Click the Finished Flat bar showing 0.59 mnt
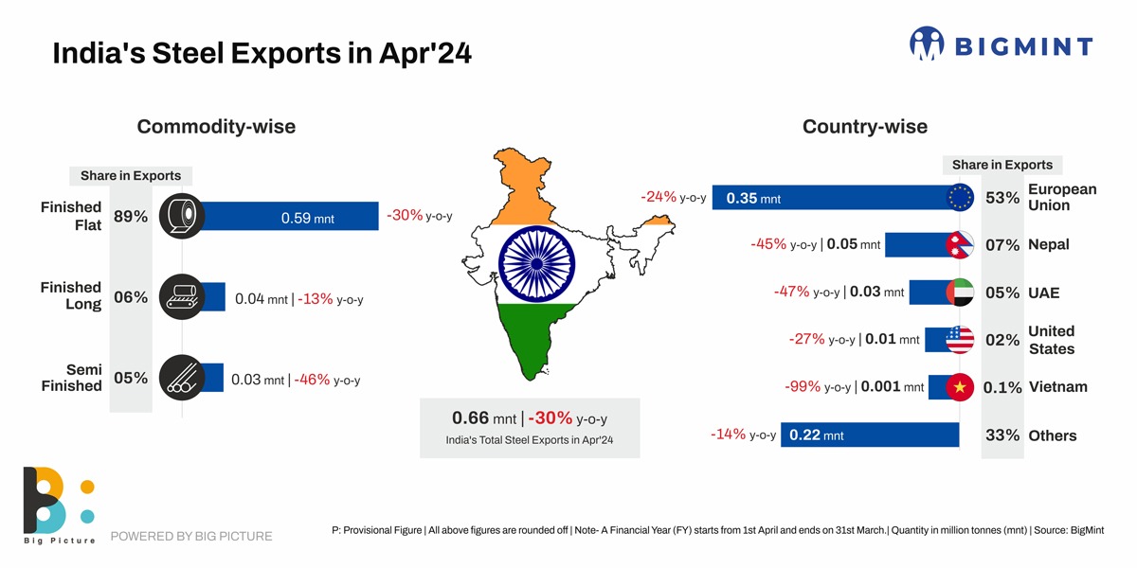point(289,217)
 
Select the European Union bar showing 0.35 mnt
point(834,197)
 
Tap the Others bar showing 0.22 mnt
point(870,435)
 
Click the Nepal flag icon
point(960,244)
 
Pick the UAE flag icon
point(960,293)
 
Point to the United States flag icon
point(960,339)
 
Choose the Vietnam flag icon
point(960,387)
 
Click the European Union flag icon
point(960,197)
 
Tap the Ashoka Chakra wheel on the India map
point(532,262)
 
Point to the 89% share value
point(131,217)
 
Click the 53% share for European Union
point(1002,198)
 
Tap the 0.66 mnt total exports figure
point(483,418)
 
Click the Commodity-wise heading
point(216,126)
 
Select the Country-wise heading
point(864,126)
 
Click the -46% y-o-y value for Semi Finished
point(312,380)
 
